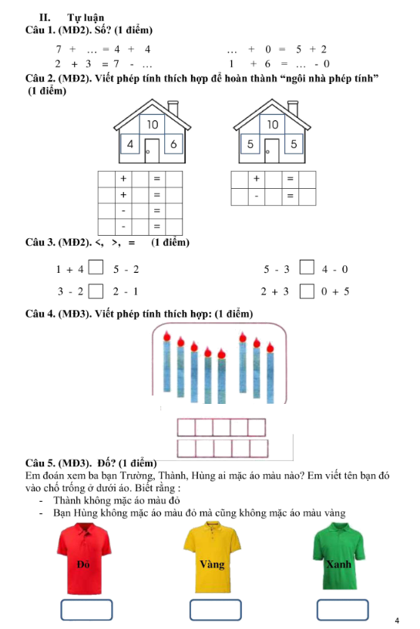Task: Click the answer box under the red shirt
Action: (84, 609)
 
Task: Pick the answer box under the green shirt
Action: (338, 609)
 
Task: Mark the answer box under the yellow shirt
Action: (212, 609)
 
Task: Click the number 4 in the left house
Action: (130, 144)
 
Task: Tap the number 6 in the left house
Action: (173, 144)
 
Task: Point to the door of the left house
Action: (152, 150)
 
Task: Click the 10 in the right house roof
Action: (272, 124)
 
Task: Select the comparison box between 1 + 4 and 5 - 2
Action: (96, 269)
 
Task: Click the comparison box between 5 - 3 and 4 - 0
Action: (306, 269)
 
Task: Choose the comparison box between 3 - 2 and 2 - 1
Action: (96, 291)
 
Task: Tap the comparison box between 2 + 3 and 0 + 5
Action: (306, 291)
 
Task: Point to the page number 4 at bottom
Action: (396, 621)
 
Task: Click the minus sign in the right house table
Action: (257, 197)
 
